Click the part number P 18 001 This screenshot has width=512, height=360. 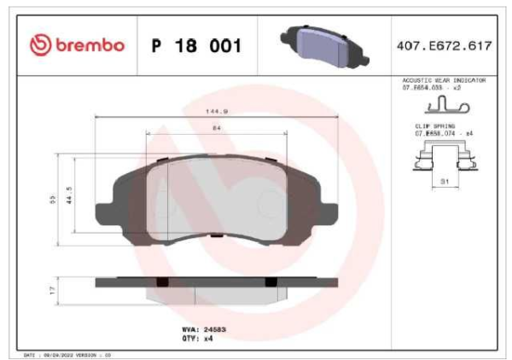195,45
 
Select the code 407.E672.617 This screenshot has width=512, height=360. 443,45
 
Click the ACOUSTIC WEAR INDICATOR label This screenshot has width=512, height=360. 443,79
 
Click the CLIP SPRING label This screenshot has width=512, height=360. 433,125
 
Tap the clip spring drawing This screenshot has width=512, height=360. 443,159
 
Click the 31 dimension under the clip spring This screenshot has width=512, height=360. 444,181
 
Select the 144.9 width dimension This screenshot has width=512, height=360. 215,111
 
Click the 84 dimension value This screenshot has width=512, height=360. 215,128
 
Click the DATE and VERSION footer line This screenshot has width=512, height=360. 68,353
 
